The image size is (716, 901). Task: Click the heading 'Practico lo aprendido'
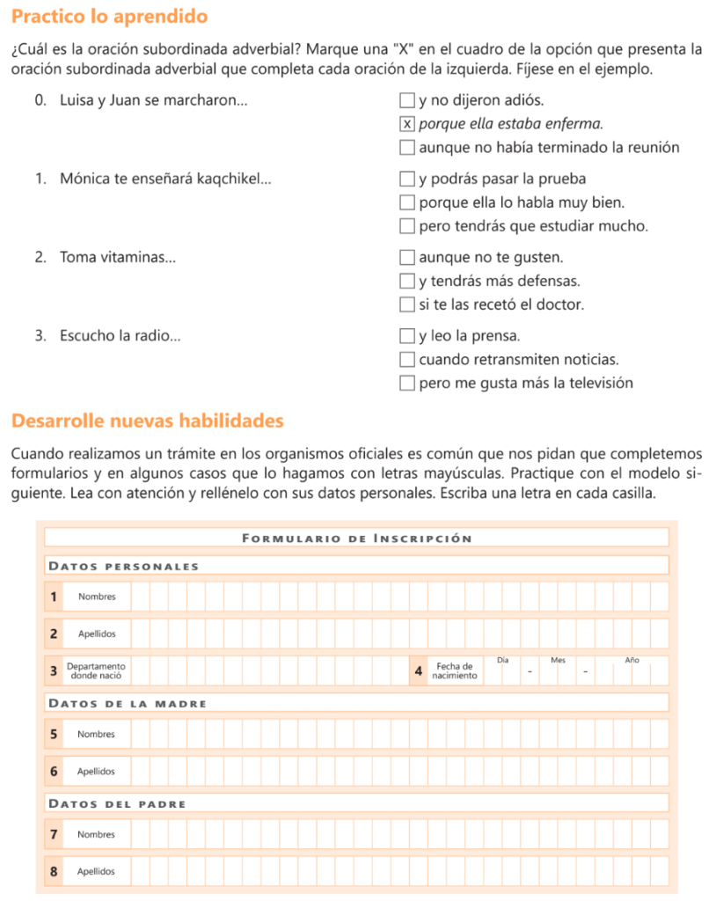110,17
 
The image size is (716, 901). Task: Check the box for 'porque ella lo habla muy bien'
406,203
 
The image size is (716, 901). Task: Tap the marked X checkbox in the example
406,124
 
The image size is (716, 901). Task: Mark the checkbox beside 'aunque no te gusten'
406,258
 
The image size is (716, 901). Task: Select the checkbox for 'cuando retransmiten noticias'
406,360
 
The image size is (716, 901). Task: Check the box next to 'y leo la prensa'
406,336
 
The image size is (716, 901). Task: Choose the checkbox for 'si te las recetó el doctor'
406,305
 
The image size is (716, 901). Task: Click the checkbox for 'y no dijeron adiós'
406,100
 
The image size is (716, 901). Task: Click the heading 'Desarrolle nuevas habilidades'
148,421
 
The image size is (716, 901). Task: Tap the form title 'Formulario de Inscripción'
356,538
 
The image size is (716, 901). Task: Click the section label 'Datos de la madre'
128,703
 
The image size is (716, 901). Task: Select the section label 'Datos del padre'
117,803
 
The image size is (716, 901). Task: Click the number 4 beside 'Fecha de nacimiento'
418,671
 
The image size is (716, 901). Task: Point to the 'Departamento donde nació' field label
96,671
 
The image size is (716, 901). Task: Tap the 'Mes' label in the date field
558,660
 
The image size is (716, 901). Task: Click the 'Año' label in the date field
632,660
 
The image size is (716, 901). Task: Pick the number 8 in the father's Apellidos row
54,872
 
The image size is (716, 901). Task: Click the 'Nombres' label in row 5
96,734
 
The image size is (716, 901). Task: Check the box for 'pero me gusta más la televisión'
406,384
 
